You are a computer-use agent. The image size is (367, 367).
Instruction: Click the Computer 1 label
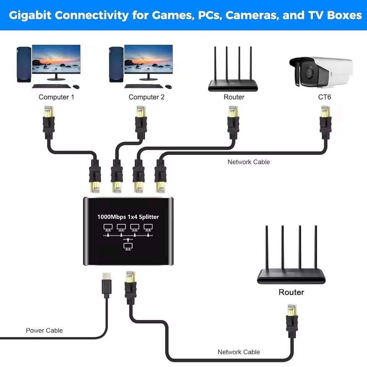56,97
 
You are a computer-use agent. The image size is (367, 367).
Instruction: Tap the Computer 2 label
146,97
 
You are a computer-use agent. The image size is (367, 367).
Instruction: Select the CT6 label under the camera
325,97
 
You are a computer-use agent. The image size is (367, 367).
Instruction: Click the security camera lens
308,71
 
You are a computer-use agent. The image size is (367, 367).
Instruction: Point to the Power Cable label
44,330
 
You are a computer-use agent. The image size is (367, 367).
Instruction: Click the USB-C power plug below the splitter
106,285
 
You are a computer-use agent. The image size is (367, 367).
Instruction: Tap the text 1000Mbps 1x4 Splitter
128,217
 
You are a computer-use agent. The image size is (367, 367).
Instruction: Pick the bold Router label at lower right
291,292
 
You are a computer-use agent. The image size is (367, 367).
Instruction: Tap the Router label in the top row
234,97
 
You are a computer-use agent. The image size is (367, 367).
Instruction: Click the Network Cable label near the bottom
239,352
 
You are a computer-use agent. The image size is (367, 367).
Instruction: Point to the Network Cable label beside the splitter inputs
248,162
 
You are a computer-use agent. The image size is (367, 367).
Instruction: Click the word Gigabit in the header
31,15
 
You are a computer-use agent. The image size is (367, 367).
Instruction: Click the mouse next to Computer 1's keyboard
75,86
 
